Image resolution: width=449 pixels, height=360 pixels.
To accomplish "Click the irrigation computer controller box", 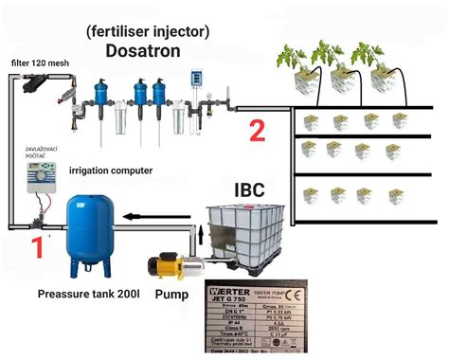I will coord(37,181).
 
